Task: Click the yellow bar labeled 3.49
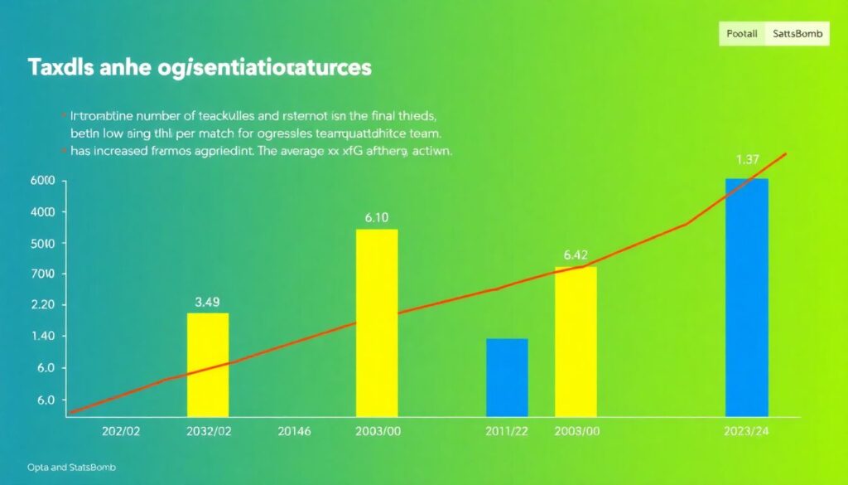point(208,364)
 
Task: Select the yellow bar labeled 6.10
point(377,322)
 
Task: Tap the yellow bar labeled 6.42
point(576,341)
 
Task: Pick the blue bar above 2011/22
point(507,376)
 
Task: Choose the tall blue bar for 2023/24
point(747,297)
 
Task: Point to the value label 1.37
point(748,159)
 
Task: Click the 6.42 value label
point(576,255)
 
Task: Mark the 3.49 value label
point(207,302)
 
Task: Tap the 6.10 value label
point(377,218)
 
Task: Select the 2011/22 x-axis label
point(507,432)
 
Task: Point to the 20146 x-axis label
point(294,432)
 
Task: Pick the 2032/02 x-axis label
point(208,432)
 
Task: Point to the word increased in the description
point(119,152)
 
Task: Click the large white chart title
point(200,68)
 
